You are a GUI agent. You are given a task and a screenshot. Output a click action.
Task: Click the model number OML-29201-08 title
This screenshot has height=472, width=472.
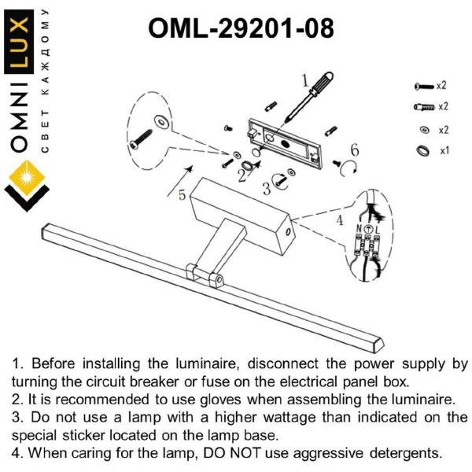point(241,28)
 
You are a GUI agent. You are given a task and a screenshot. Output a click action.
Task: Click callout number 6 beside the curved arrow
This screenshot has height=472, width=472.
point(355,150)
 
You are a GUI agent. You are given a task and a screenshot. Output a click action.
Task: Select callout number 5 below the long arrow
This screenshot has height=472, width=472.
point(183,195)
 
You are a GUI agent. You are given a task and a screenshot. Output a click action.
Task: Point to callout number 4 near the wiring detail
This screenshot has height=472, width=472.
point(340,220)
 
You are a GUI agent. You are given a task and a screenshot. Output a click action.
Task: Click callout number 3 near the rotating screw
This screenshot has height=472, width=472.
point(267,189)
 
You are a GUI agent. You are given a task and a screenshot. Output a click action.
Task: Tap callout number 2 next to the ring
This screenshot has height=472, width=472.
point(242,175)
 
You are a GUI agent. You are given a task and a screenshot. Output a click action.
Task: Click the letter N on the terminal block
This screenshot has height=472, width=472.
point(360,229)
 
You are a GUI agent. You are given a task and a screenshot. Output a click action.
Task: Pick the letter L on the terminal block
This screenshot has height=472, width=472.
point(378,230)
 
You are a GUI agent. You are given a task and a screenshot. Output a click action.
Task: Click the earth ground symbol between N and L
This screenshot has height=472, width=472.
point(368,230)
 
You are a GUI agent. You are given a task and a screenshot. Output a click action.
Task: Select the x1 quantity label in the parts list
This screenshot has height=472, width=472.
point(444,150)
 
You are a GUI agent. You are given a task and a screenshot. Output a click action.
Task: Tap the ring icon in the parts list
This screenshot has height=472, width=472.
point(423,150)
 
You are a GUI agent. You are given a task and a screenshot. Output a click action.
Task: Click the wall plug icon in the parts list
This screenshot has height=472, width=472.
point(425,107)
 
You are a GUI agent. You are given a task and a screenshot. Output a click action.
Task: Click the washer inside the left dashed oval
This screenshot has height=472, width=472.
point(161,122)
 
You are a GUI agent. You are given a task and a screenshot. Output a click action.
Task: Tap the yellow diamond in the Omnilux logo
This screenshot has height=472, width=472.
point(27,178)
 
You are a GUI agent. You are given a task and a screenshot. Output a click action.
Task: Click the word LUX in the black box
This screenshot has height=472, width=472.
point(19,42)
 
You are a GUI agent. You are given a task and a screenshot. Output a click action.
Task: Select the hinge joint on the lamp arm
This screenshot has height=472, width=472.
point(205,275)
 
